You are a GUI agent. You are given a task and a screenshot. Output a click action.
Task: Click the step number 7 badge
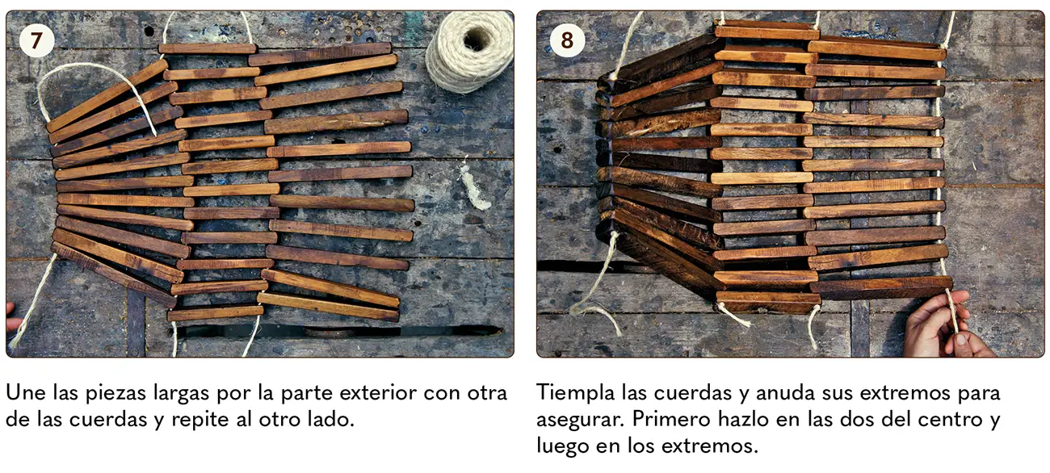tap(36, 40)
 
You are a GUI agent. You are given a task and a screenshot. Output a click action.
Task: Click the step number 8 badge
tap(567, 40)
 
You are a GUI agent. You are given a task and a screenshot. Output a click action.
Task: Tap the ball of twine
tap(470, 51)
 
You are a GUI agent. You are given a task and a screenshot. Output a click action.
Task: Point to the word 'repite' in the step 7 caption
tap(200, 420)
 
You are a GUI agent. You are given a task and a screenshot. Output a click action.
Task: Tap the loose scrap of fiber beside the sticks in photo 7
tap(474, 186)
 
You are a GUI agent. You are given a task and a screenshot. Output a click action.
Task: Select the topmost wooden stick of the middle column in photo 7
tap(208, 48)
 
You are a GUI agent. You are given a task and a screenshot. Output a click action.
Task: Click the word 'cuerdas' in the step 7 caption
tap(108, 419)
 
